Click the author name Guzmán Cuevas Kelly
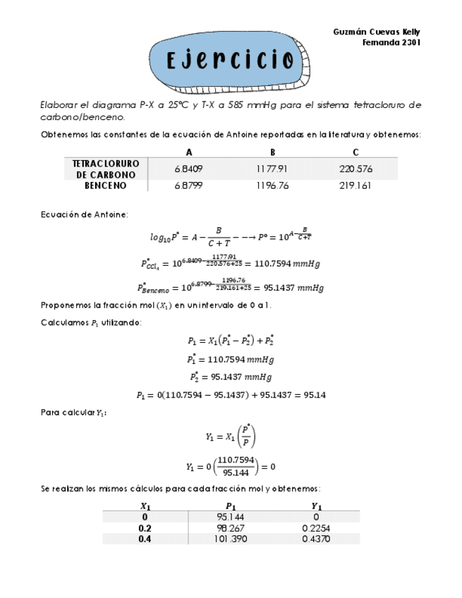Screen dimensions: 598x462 pos(377,32)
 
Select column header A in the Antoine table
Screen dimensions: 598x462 pos(188,152)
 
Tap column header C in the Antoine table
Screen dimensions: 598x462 pos(355,152)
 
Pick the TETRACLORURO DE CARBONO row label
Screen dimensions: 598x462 pos(106,169)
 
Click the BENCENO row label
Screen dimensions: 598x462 pos(106,186)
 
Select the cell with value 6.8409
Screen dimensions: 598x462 pos(188,169)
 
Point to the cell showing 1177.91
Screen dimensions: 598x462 pos(272,169)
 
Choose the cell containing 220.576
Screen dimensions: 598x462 pos(355,169)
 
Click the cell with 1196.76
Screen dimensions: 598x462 pos(272,186)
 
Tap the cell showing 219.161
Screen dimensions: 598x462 pos(355,186)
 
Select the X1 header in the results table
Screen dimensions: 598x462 pos(145,506)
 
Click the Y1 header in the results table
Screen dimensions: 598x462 pos(317,506)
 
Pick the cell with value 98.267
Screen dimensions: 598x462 pos(231,527)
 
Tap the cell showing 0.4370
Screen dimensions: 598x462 pos(317,539)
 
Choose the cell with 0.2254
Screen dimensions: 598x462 pos(317,527)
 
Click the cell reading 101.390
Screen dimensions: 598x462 pos(231,539)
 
